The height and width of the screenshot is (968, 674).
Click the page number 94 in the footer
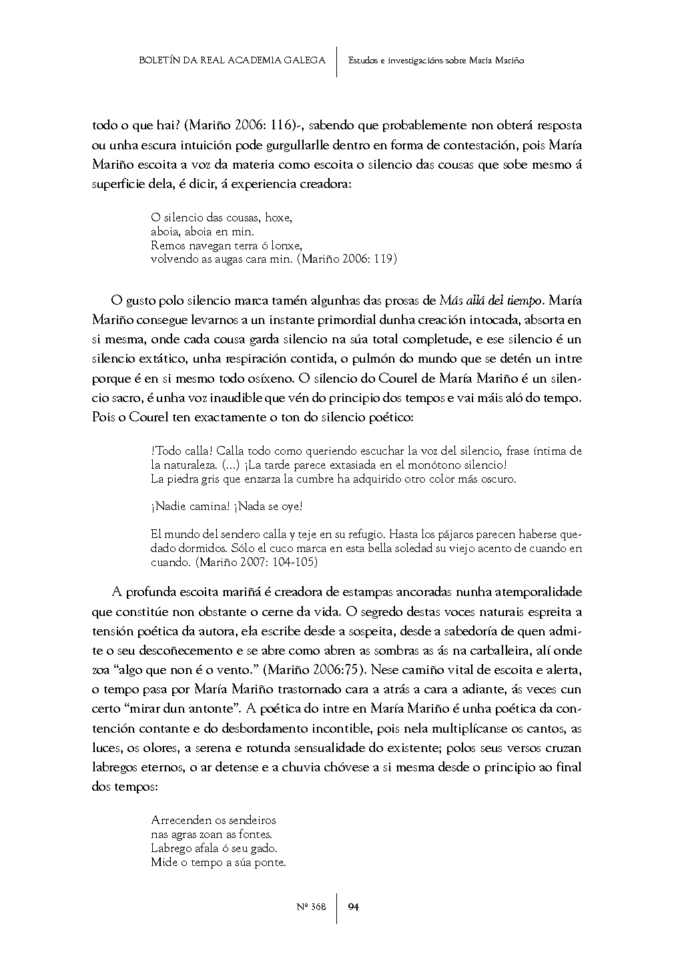point(354,907)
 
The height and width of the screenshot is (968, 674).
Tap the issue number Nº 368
point(311,907)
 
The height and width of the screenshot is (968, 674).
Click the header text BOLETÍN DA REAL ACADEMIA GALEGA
point(232,61)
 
